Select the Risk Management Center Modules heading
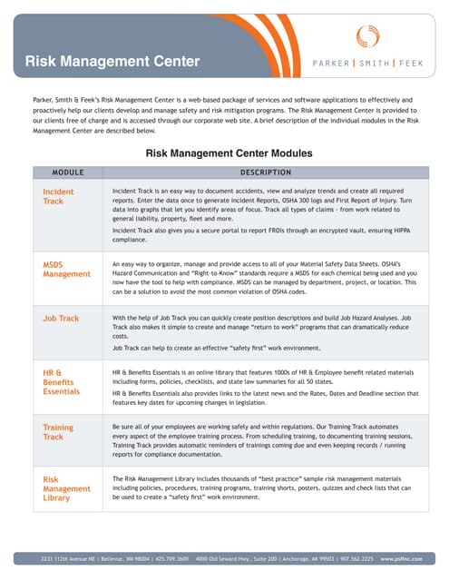coord(229,153)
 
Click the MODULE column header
coord(68,172)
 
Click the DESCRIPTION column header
coord(265,172)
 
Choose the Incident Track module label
coord(59,197)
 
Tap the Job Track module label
coord(61,319)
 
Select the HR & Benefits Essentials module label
coord(62,382)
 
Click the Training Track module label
coord(58,431)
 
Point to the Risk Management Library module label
coord(66,487)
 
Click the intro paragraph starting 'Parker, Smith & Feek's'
coord(224,114)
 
